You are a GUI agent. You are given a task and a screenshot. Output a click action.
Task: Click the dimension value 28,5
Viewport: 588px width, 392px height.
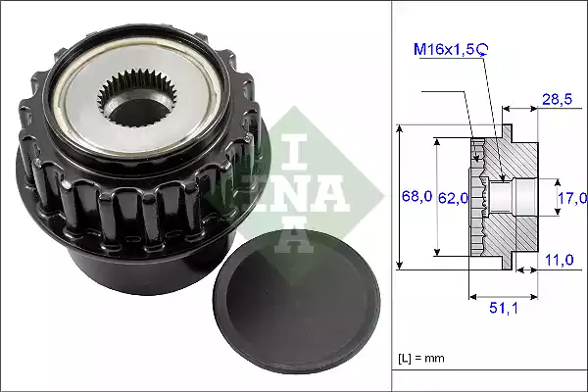[x=558, y=100]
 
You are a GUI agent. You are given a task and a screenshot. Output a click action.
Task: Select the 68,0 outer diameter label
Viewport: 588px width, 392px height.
[x=416, y=197]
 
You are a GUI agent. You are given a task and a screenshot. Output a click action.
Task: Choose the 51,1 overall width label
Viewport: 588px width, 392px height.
[x=505, y=309]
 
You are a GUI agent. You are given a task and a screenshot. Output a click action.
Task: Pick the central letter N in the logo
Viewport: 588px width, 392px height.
[x=294, y=193]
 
